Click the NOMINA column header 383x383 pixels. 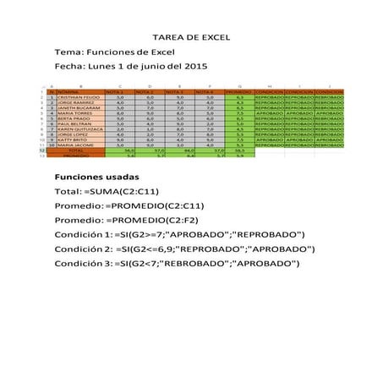coord(69,92)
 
